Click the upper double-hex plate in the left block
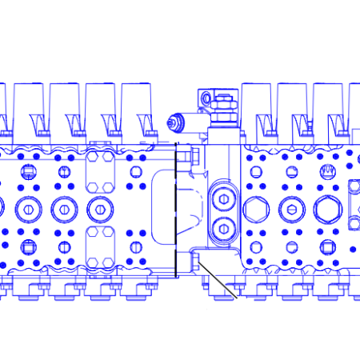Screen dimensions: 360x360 coord(100,170)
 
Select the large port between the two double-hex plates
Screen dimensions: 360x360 coord(100,209)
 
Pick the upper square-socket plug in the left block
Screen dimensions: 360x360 coord(29,170)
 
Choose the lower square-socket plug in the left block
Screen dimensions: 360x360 coord(29,246)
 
